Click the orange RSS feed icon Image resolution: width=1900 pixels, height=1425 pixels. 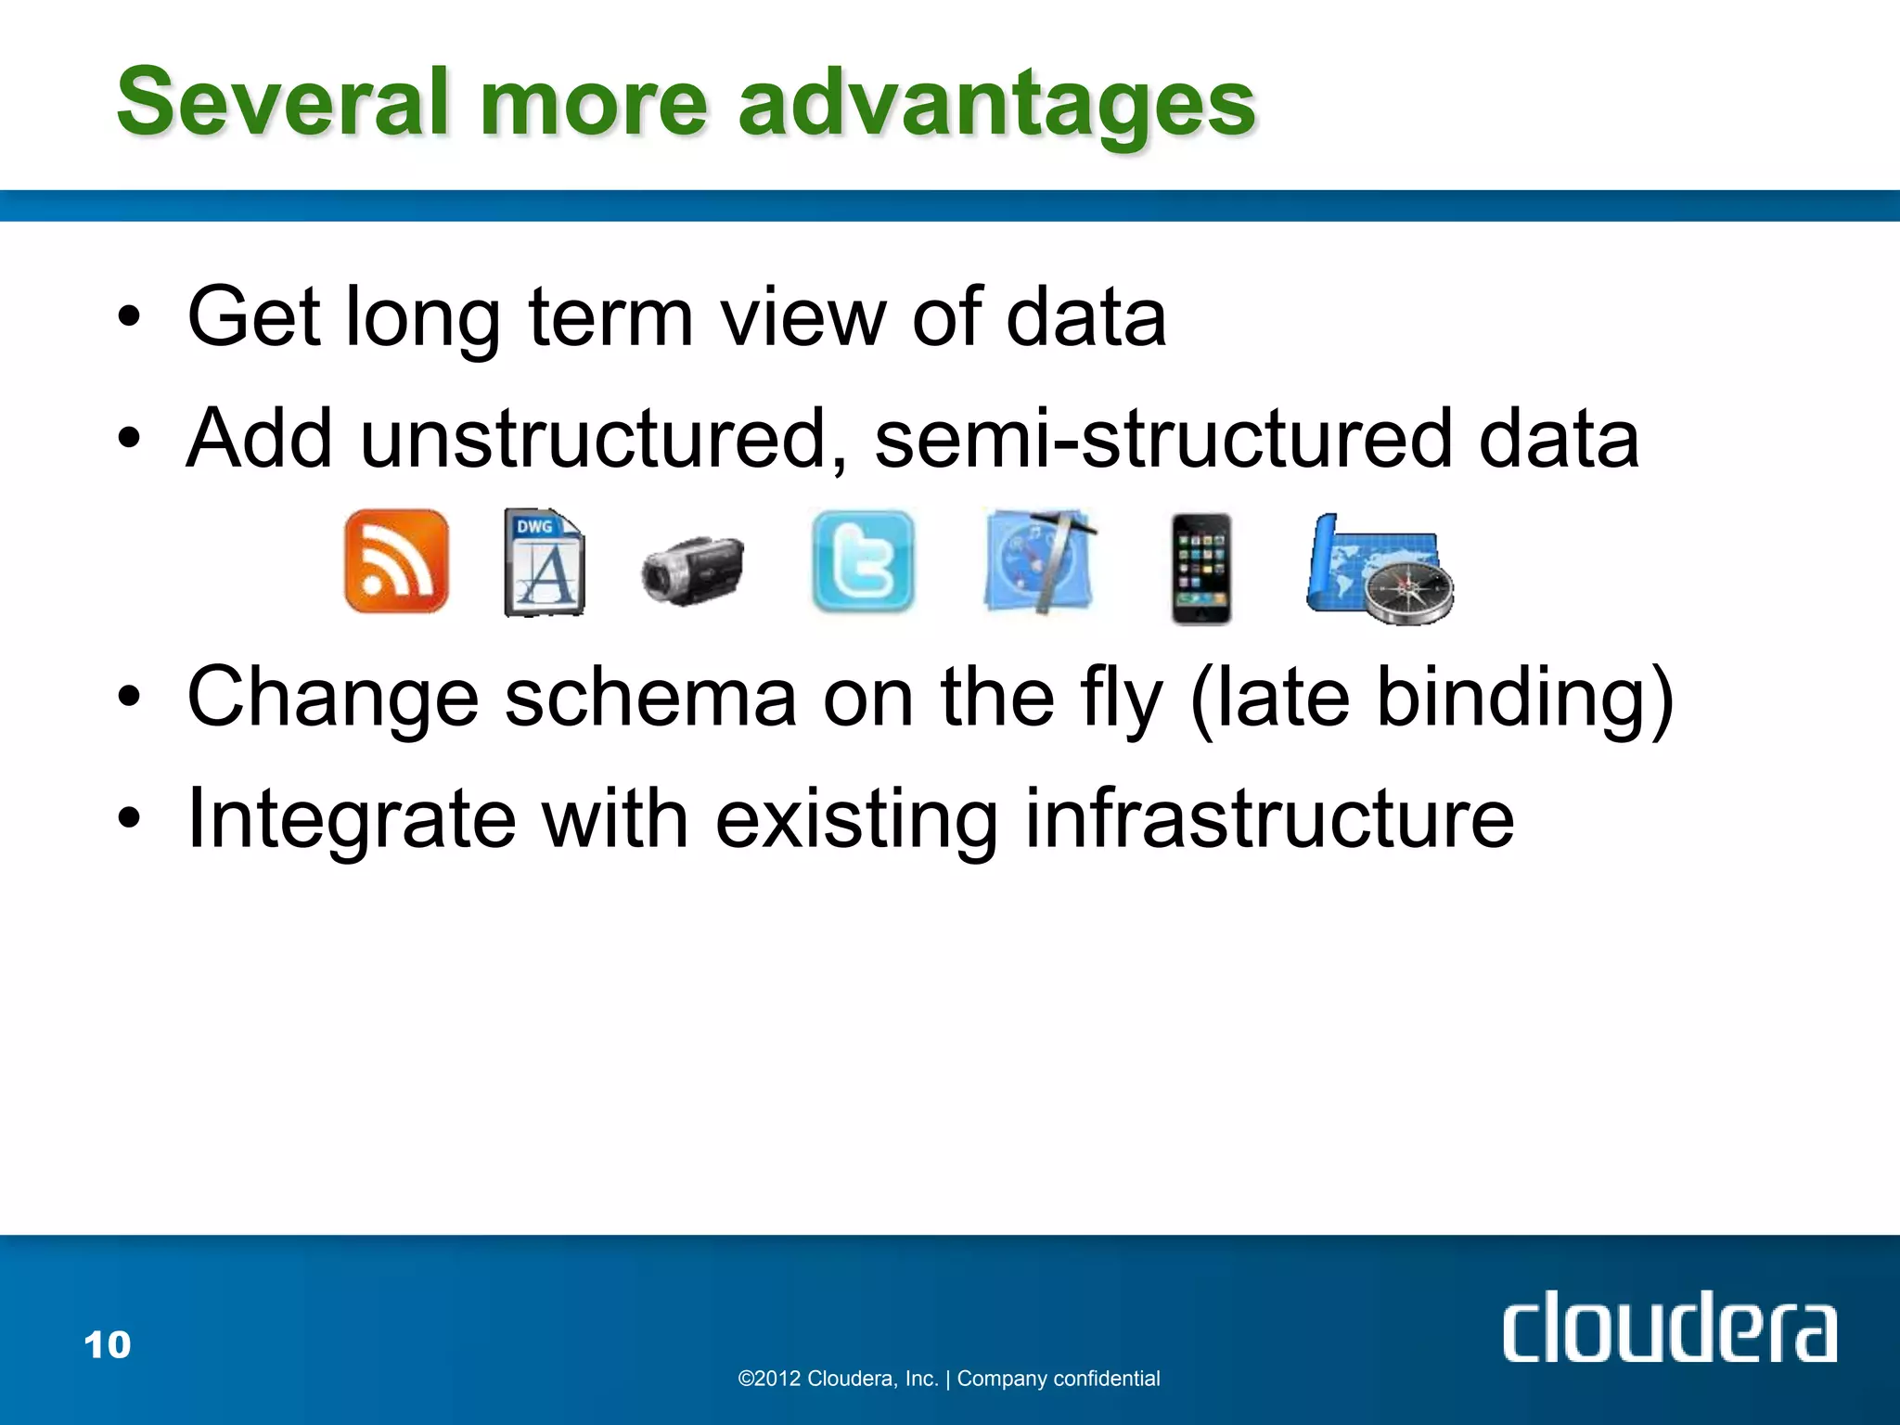click(396, 561)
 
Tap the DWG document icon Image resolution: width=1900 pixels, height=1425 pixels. click(545, 562)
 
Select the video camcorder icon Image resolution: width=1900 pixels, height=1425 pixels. click(692, 569)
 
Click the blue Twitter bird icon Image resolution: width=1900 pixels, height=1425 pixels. click(863, 561)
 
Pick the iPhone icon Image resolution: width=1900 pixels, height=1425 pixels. click(1200, 569)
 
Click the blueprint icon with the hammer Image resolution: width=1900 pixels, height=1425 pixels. click(1039, 561)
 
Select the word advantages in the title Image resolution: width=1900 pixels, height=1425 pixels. click(996, 104)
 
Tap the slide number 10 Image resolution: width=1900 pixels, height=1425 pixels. click(107, 1344)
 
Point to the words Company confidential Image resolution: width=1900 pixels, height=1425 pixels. click(1059, 1379)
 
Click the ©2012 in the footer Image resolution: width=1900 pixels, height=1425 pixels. click(769, 1379)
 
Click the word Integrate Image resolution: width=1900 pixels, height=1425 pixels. click(351, 820)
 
